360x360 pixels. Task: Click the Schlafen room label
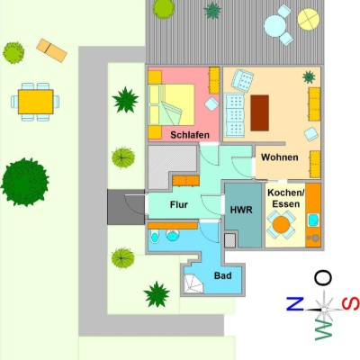pos(190,135)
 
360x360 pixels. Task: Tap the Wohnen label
pos(280,157)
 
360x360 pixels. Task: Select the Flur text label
pos(179,204)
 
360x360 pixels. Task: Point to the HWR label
pos(241,210)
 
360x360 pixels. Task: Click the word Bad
pos(223,275)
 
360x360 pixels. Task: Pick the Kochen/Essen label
pos(286,198)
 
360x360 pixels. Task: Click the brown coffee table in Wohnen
pos(259,113)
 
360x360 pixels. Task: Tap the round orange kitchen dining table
pos(282,224)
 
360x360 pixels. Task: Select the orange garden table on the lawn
pos(35,102)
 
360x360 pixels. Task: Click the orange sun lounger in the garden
pos(51,50)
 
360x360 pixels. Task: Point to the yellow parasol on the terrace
pos(309,19)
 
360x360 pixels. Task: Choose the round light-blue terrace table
pos(275,26)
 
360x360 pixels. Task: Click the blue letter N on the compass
pos(295,303)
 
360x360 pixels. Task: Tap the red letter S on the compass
pos(350,303)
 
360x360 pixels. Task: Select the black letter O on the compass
pos(323,278)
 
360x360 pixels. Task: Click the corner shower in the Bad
pos(193,283)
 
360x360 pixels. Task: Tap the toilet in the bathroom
pos(154,237)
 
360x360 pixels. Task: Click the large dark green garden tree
pos(25,182)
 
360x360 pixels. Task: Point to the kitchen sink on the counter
pos(313,220)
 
